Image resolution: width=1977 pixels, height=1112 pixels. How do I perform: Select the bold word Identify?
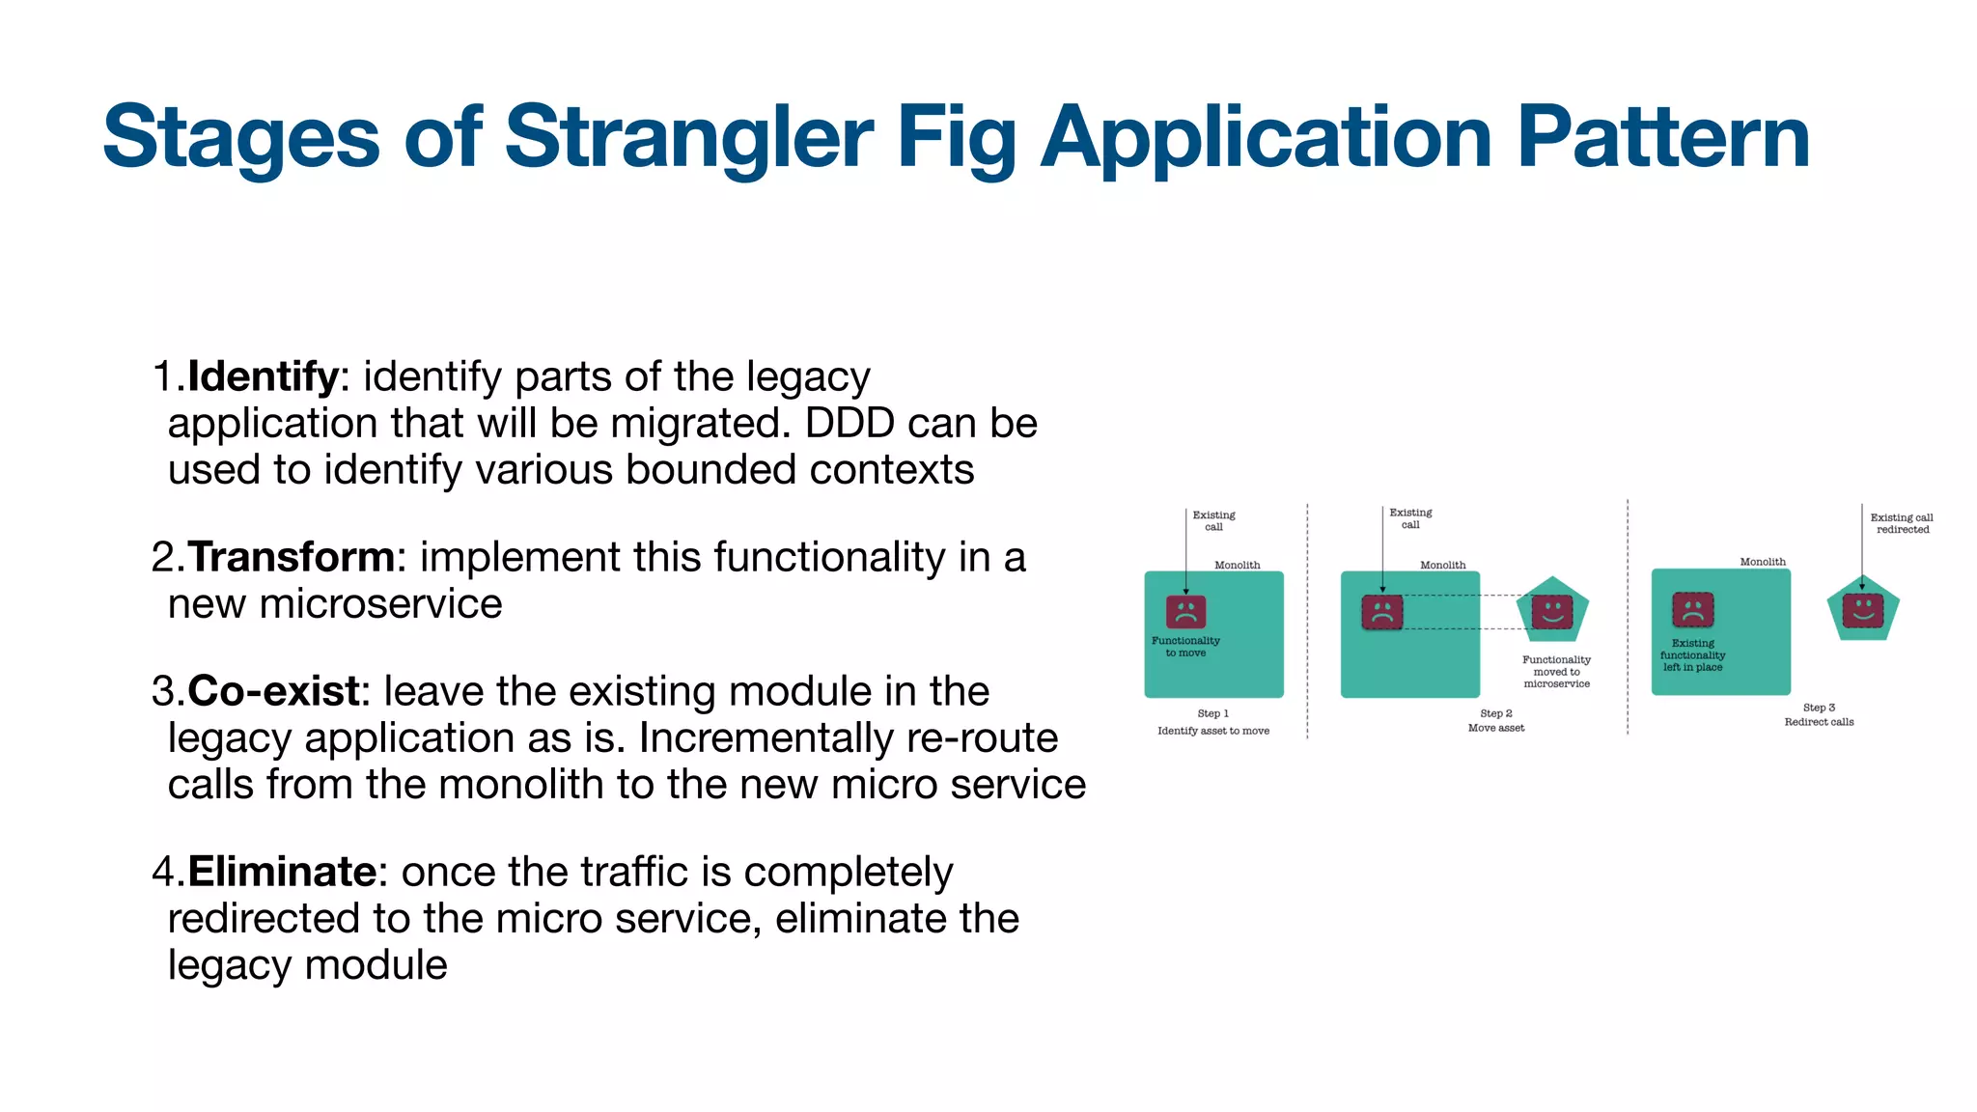click(x=263, y=376)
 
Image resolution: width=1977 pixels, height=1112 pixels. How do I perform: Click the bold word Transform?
click(x=291, y=557)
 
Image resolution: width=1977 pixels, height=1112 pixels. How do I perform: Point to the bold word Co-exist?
click(x=274, y=691)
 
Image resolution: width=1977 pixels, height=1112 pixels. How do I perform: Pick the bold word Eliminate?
click(x=281, y=872)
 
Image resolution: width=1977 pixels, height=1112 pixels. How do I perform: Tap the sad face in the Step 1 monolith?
click(x=1185, y=611)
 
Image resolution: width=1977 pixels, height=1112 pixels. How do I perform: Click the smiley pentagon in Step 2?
click(x=1552, y=611)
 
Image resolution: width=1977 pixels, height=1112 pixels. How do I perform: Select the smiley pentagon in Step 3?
click(x=1863, y=609)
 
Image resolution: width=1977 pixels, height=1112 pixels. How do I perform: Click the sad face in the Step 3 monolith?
click(x=1692, y=610)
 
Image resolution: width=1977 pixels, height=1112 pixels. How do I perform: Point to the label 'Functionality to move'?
click(x=1185, y=647)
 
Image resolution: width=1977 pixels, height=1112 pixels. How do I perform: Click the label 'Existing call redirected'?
click(x=1902, y=523)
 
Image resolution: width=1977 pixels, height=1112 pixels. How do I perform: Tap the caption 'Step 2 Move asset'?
click(x=1496, y=721)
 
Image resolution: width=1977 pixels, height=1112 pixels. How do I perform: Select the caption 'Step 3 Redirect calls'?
click(x=1819, y=715)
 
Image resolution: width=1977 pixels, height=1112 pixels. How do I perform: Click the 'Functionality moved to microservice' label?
click(x=1556, y=672)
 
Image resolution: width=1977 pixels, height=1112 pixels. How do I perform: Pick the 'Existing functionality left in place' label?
click(x=1692, y=655)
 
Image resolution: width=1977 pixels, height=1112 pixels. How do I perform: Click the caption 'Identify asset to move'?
click(x=1213, y=731)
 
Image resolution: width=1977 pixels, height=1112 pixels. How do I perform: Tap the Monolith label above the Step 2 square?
click(x=1442, y=565)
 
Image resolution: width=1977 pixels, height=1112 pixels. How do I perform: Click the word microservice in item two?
click(x=380, y=604)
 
